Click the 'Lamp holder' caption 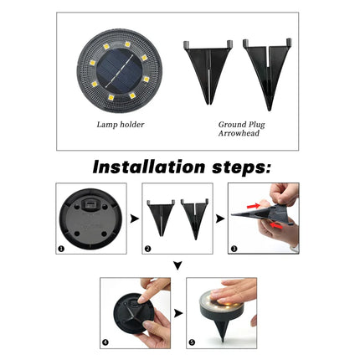pyautogui.click(x=121, y=124)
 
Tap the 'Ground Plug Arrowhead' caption pyautogui.click(x=241, y=127)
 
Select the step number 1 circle pyautogui.click(x=62, y=249)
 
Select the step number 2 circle pyautogui.click(x=148, y=249)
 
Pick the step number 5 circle pyautogui.click(x=192, y=343)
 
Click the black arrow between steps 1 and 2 pyautogui.click(x=132, y=219)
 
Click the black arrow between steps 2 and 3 pyautogui.click(x=219, y=219)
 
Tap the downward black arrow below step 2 pyautogui.click(x=178, y=266)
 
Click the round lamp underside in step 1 pyautogui.click(x=90, y=218)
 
